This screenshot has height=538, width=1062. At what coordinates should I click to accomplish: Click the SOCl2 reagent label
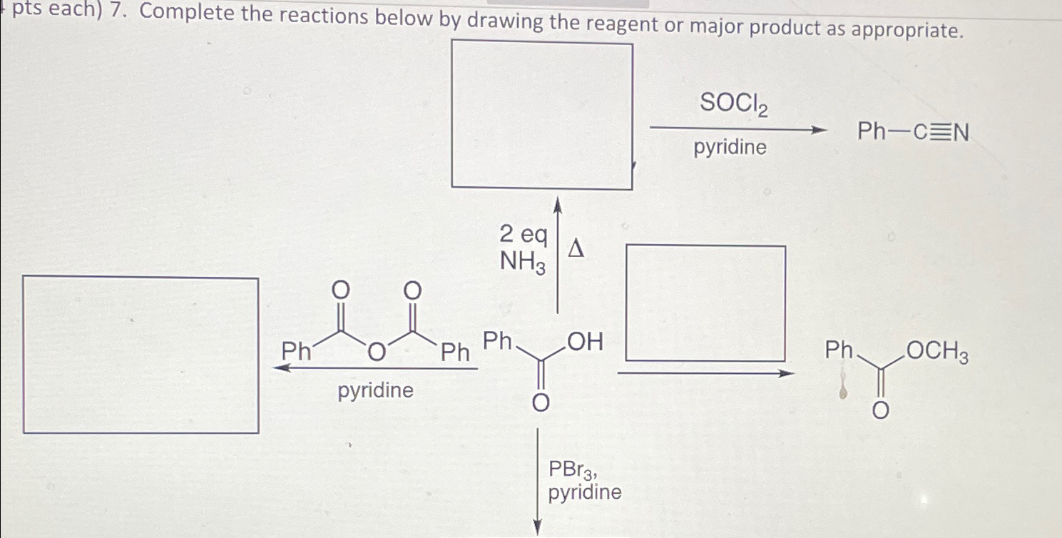734,104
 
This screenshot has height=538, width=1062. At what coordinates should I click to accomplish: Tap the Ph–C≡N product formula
913,132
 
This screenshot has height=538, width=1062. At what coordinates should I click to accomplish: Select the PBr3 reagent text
572,470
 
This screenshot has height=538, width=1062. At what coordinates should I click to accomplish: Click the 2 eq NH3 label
524,248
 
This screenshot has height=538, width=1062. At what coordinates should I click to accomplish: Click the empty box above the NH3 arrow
542,116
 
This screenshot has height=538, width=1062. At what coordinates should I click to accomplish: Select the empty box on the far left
141,355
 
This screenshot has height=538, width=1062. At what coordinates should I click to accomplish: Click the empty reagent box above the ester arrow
705,303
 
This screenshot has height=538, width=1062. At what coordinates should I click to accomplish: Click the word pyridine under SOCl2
730,148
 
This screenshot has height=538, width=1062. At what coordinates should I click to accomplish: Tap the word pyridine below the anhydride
376,391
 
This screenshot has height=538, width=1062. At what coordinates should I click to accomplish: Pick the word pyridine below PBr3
585,492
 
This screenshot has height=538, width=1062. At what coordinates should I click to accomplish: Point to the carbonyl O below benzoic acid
541,404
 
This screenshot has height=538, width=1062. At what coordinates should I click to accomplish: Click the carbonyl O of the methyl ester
882,410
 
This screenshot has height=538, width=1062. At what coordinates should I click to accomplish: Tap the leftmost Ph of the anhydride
295,351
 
